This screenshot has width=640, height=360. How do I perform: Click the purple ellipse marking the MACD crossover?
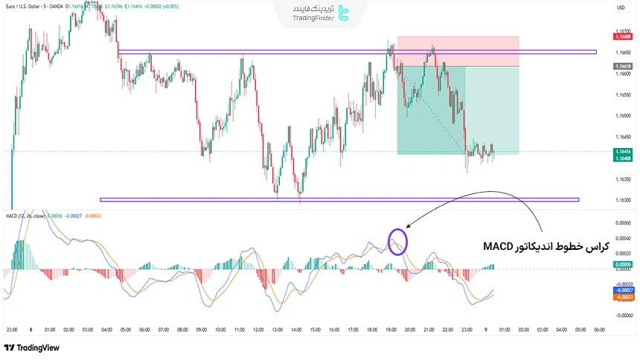(x=397, y=241)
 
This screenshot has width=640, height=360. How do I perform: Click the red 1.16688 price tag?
(x=623, y=36)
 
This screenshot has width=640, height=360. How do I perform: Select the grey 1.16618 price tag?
(x=623, y=66)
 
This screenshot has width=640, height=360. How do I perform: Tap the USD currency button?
(x=621, y=7)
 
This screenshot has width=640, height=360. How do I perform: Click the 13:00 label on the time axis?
(x=277, y=330)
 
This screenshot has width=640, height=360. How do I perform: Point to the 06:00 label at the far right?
(x=598, y=330)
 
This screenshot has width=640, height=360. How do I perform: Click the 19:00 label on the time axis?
(x=391, y=330)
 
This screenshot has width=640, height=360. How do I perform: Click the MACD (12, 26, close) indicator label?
(x=25, y=216)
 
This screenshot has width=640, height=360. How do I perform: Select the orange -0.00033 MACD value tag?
(x=623, y=298)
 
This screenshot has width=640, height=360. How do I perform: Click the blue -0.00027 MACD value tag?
(x=623, y=291)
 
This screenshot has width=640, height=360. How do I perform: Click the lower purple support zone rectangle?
(x=339, y=199)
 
